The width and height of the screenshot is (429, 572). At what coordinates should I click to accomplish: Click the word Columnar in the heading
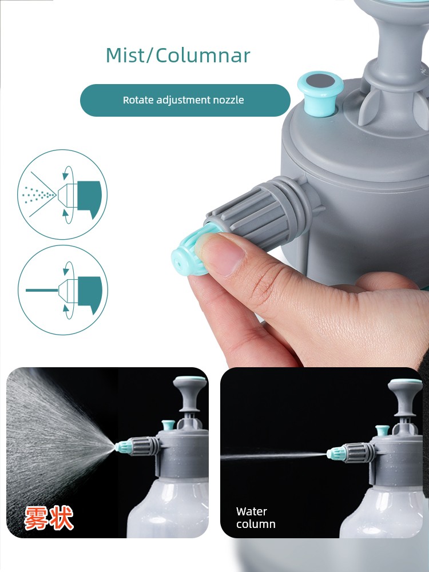[203, 55]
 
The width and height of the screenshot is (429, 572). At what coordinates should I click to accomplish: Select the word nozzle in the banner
[230, 100]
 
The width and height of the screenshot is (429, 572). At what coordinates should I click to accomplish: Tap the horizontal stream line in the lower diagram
[42, 291]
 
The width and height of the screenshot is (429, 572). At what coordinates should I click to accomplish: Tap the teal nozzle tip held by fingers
[190, 252]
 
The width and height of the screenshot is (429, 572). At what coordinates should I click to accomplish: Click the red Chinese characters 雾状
[49, 518]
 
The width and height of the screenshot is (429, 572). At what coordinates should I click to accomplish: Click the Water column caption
[256, 518]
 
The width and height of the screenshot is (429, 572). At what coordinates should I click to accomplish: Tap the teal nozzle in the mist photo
[124, 446]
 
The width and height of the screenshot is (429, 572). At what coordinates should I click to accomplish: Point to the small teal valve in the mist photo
[168, 425]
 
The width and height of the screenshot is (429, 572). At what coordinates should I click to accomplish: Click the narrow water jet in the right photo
[273, 456]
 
